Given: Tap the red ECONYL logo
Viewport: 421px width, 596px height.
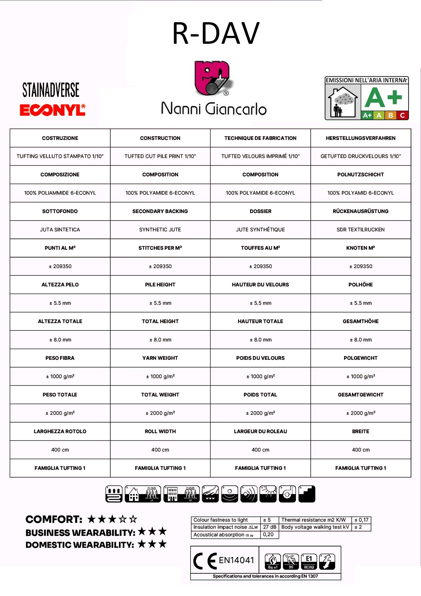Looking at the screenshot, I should (x=52, y=110).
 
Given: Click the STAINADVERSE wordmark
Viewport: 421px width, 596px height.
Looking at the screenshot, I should (x=51, y=90).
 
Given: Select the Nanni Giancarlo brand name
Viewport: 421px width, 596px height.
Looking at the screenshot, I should (x=214, y=109).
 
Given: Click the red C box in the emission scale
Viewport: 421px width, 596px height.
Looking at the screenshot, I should (x=402, y=115).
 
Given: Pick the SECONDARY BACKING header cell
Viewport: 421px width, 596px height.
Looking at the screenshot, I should (x=160, y=211).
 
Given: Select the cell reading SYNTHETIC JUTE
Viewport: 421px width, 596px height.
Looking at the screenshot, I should (x=160, y=230).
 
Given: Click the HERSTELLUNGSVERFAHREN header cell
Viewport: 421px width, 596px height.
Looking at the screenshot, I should (x=360, y=138).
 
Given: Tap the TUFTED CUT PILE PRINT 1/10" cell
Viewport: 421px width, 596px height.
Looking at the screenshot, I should (x=160, y=156).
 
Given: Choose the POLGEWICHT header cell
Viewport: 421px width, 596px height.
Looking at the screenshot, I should (x=360, y=358).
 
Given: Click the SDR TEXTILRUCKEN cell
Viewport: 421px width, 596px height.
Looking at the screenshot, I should (x=360, y=230).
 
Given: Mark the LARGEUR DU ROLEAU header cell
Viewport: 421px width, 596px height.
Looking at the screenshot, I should (x=260, y=431).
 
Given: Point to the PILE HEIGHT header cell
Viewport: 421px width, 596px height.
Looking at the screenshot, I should (x=160, y=285).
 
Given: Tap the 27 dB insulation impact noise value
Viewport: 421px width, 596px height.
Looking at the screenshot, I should (x=269, y=527).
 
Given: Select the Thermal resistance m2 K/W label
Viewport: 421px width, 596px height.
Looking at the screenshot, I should (x=314, y=520).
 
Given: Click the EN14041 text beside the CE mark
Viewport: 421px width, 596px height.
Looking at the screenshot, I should (x=236, y=560).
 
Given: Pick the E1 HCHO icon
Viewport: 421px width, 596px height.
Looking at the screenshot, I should (x=309, y=561).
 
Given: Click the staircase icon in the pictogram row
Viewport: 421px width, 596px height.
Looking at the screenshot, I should (x=307, y=494).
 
